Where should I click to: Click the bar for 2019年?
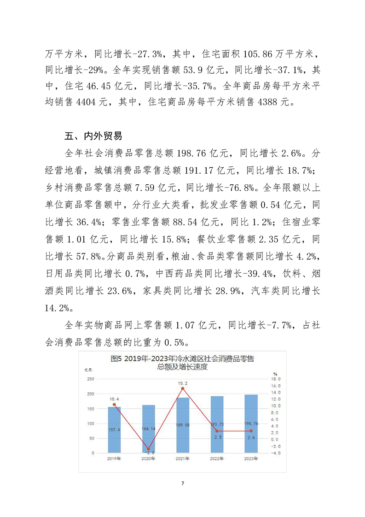114,429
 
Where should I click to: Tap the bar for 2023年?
251,423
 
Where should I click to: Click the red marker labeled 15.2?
183,388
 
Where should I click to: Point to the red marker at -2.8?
148,449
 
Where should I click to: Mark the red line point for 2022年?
217,431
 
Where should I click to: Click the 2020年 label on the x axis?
148,459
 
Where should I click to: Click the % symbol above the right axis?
274,373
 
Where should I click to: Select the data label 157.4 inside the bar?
114,429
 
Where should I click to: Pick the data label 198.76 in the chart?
251,423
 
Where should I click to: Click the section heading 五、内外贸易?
93,136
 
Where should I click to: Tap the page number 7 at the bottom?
183,483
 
